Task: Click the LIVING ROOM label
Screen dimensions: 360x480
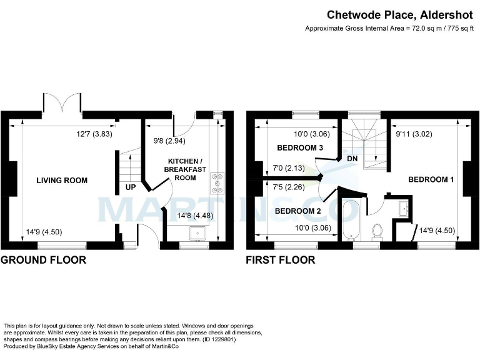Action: pos(62,181)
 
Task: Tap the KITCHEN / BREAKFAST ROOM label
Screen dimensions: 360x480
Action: pos(181,169)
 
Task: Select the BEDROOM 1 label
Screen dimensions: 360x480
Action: pos(431,180)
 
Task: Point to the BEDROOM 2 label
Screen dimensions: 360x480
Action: pos(297,211)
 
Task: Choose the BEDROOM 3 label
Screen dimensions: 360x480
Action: pos(300,148)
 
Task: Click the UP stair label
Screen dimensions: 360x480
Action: pos(131,187)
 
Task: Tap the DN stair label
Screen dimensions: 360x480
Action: pos(352,159)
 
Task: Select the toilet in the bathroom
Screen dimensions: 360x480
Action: pos(377,231)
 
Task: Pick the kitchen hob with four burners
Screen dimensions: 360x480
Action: pos(217,182)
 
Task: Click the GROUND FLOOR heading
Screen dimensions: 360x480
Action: pos(43,260)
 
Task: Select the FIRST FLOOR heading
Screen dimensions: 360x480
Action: pos(281,260)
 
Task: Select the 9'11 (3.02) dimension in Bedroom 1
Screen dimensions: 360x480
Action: pos(414,134)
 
